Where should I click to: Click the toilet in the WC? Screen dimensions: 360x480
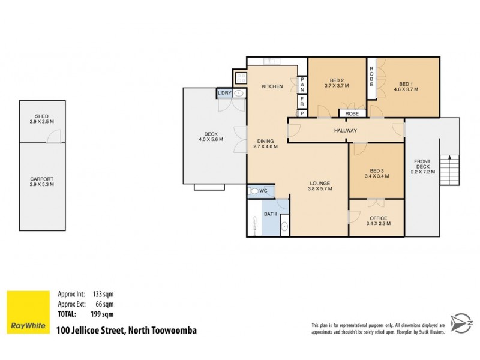pos(256,191)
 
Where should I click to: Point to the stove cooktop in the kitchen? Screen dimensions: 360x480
pos(241,79)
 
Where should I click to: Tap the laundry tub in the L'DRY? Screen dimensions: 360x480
pos(239,94)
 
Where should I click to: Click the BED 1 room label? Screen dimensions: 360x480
pos(405,83)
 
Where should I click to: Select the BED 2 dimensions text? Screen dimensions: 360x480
pos(337,86)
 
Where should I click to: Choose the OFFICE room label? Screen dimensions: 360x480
pos(378,218)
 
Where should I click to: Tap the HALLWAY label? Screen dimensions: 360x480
pos(346,130)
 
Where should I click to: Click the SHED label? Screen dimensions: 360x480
pos(41,116)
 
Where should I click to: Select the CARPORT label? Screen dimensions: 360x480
pos(41,179)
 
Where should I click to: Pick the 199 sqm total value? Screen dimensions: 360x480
pos(103,313)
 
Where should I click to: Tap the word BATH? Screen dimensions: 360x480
pos(270,214)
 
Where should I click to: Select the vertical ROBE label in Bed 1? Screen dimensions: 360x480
pos(372,76)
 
